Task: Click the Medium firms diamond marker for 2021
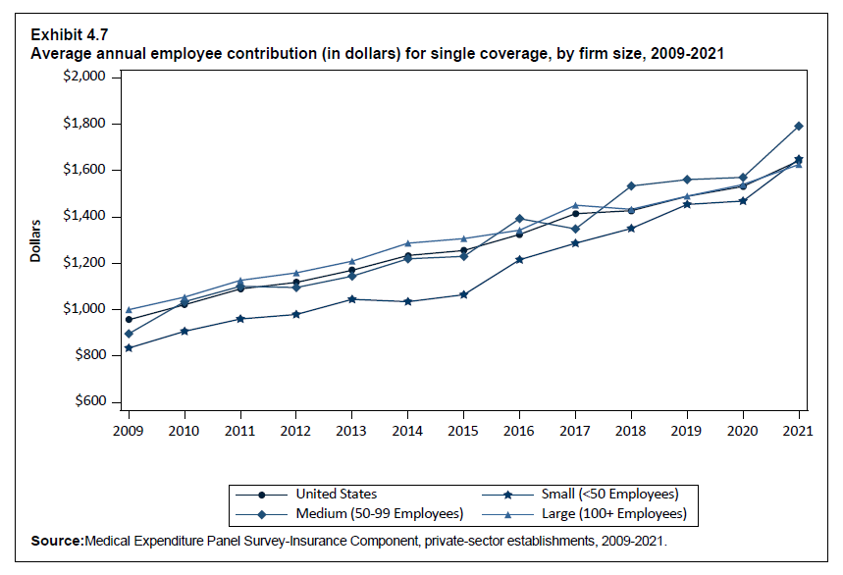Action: [x=799, y=127]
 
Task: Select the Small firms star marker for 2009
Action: [x=129, y=348]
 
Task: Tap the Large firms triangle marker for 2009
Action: [x=129, y=310]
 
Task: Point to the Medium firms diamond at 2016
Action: [x=519, y=219]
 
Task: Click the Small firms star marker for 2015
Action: [x=463, y=294]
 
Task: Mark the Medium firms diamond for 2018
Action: [x=631, y=186]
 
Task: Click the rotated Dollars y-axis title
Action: [x=35, y=241]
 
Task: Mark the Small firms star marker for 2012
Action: [x=295, y=315]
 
